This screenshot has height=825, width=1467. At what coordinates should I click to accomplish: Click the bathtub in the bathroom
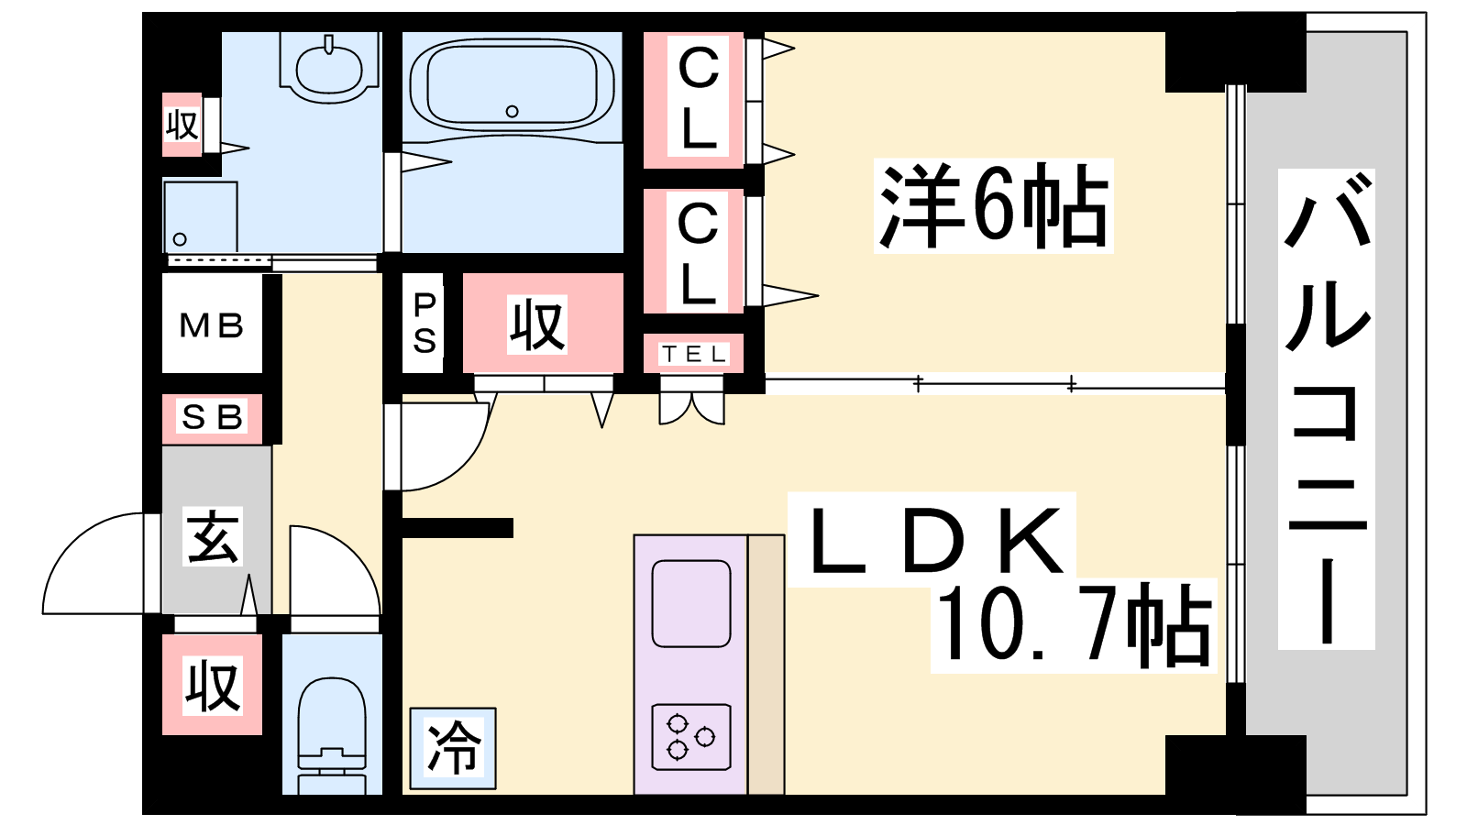click(512, 85)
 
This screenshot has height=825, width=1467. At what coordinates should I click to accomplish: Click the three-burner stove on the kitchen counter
click(691, 736)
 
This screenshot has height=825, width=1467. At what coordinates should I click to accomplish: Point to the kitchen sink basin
click(691, 604)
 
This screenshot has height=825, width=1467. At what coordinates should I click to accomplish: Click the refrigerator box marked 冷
click(453, 748)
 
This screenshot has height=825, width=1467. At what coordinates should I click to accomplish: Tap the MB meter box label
click(212, 325)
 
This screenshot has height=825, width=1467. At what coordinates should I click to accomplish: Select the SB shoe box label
click(212, 418)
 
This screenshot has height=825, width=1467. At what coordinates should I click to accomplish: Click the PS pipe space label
click(424, 324)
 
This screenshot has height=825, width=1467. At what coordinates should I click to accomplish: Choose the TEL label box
click(694, 354)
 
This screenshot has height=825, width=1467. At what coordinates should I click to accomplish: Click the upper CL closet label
click(698, 99)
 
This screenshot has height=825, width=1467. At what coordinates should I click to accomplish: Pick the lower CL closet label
click(698, 253)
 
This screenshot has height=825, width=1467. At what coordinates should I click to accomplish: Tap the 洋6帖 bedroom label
click(993, 206)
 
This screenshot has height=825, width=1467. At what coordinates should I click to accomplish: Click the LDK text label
click(931, 541)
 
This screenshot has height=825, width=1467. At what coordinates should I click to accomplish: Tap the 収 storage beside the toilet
click(212, 686)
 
